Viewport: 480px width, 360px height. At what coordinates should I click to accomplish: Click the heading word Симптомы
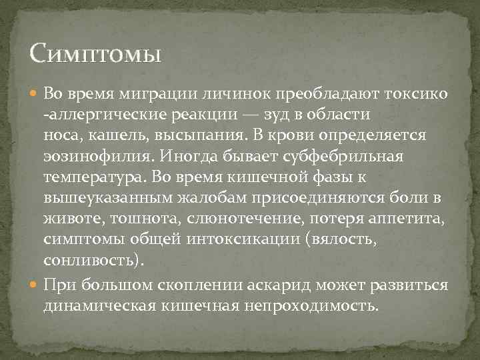[96, 53]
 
